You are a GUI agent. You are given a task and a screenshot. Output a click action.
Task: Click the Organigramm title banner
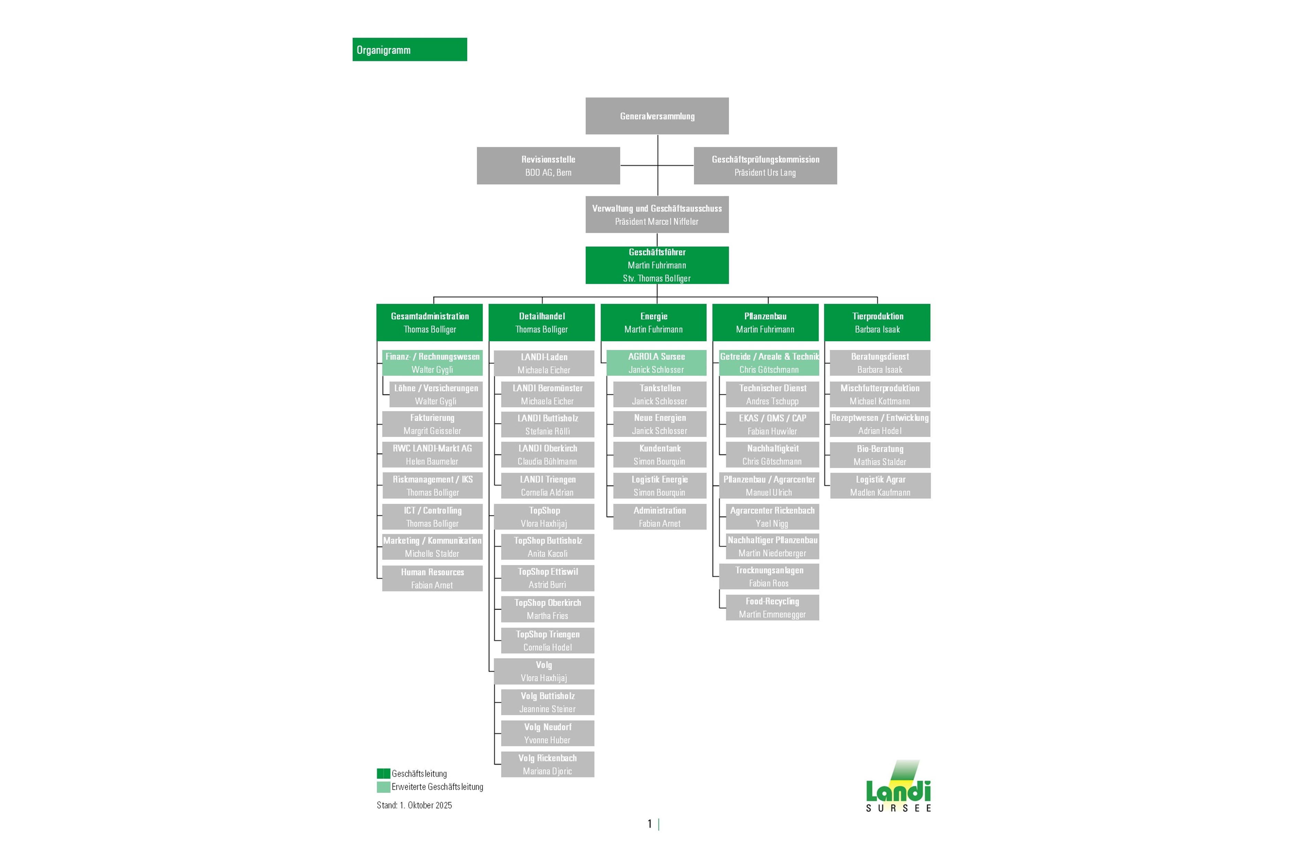(x=409, y=50)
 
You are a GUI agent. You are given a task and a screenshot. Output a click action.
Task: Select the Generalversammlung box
(x=657, y=116)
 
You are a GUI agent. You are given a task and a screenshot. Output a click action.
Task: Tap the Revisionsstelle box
(x=548, y=165)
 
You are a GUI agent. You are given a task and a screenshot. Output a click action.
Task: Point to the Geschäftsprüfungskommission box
(x=765, y=165)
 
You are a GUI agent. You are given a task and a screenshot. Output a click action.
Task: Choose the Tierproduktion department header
(x=877, y=322)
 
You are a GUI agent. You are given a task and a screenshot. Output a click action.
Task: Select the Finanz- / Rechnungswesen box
(x=432, y=363)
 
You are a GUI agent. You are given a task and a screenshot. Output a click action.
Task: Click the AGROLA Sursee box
(x=656, y=363)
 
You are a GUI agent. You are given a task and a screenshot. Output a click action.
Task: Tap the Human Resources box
(x=432, y=578)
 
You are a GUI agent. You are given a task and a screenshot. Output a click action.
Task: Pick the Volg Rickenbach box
(x=547, y=764)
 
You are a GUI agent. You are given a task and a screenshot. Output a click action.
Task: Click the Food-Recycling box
(x=772, y=607)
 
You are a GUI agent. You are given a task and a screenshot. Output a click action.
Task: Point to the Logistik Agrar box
(x=880, y=486)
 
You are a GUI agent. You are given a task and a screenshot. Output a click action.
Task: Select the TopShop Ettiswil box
(x=547, y=578)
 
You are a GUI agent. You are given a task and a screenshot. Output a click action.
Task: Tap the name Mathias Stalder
(x=880, y=462)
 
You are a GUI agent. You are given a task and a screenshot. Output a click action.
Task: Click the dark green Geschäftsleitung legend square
(x=383, y=774)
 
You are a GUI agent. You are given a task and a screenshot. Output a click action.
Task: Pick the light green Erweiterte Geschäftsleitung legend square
(x=383, y=787)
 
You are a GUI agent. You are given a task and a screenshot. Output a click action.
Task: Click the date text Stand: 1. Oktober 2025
(x=414, y=805)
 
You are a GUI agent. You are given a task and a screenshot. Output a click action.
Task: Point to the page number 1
(x=650, y=823)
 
